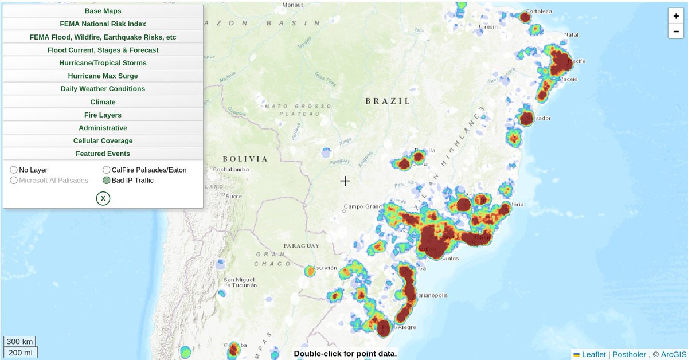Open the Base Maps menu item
pyautogui.click(x=103, y=11)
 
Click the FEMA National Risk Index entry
pyautogui.click(x=103, y=24)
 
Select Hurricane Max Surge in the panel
pyautogui.click(x=103, y=76)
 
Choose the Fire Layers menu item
pyautogui.click(x=103, y=115)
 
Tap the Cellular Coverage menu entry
pyautogui.click(x=103, y=140)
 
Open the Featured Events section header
pyautogui.click(x=103, y=154)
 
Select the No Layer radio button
pyautogui.click(x=14, y=170)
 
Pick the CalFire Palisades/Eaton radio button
pyautogui.click(x=107, y=170)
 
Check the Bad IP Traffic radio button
pyautogui.click(x=107, y=180)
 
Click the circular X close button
pyautogui.click(x=103, y=198)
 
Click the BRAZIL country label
pyautogui.click(x=388, y=101)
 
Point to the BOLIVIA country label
pyautogui.click(x=245, y=159)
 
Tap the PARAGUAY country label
pyautogui.click(x=301, y=246)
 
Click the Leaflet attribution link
pyautogui.click(x=593, y=354)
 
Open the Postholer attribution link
pyautogui.click(x=629, y=354)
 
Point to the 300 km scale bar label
pyautogui.click(x=20, y=342)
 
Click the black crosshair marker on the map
pyautogui.click(x=345, y=181)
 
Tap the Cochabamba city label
pyautogui.click(x=230, y=170)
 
